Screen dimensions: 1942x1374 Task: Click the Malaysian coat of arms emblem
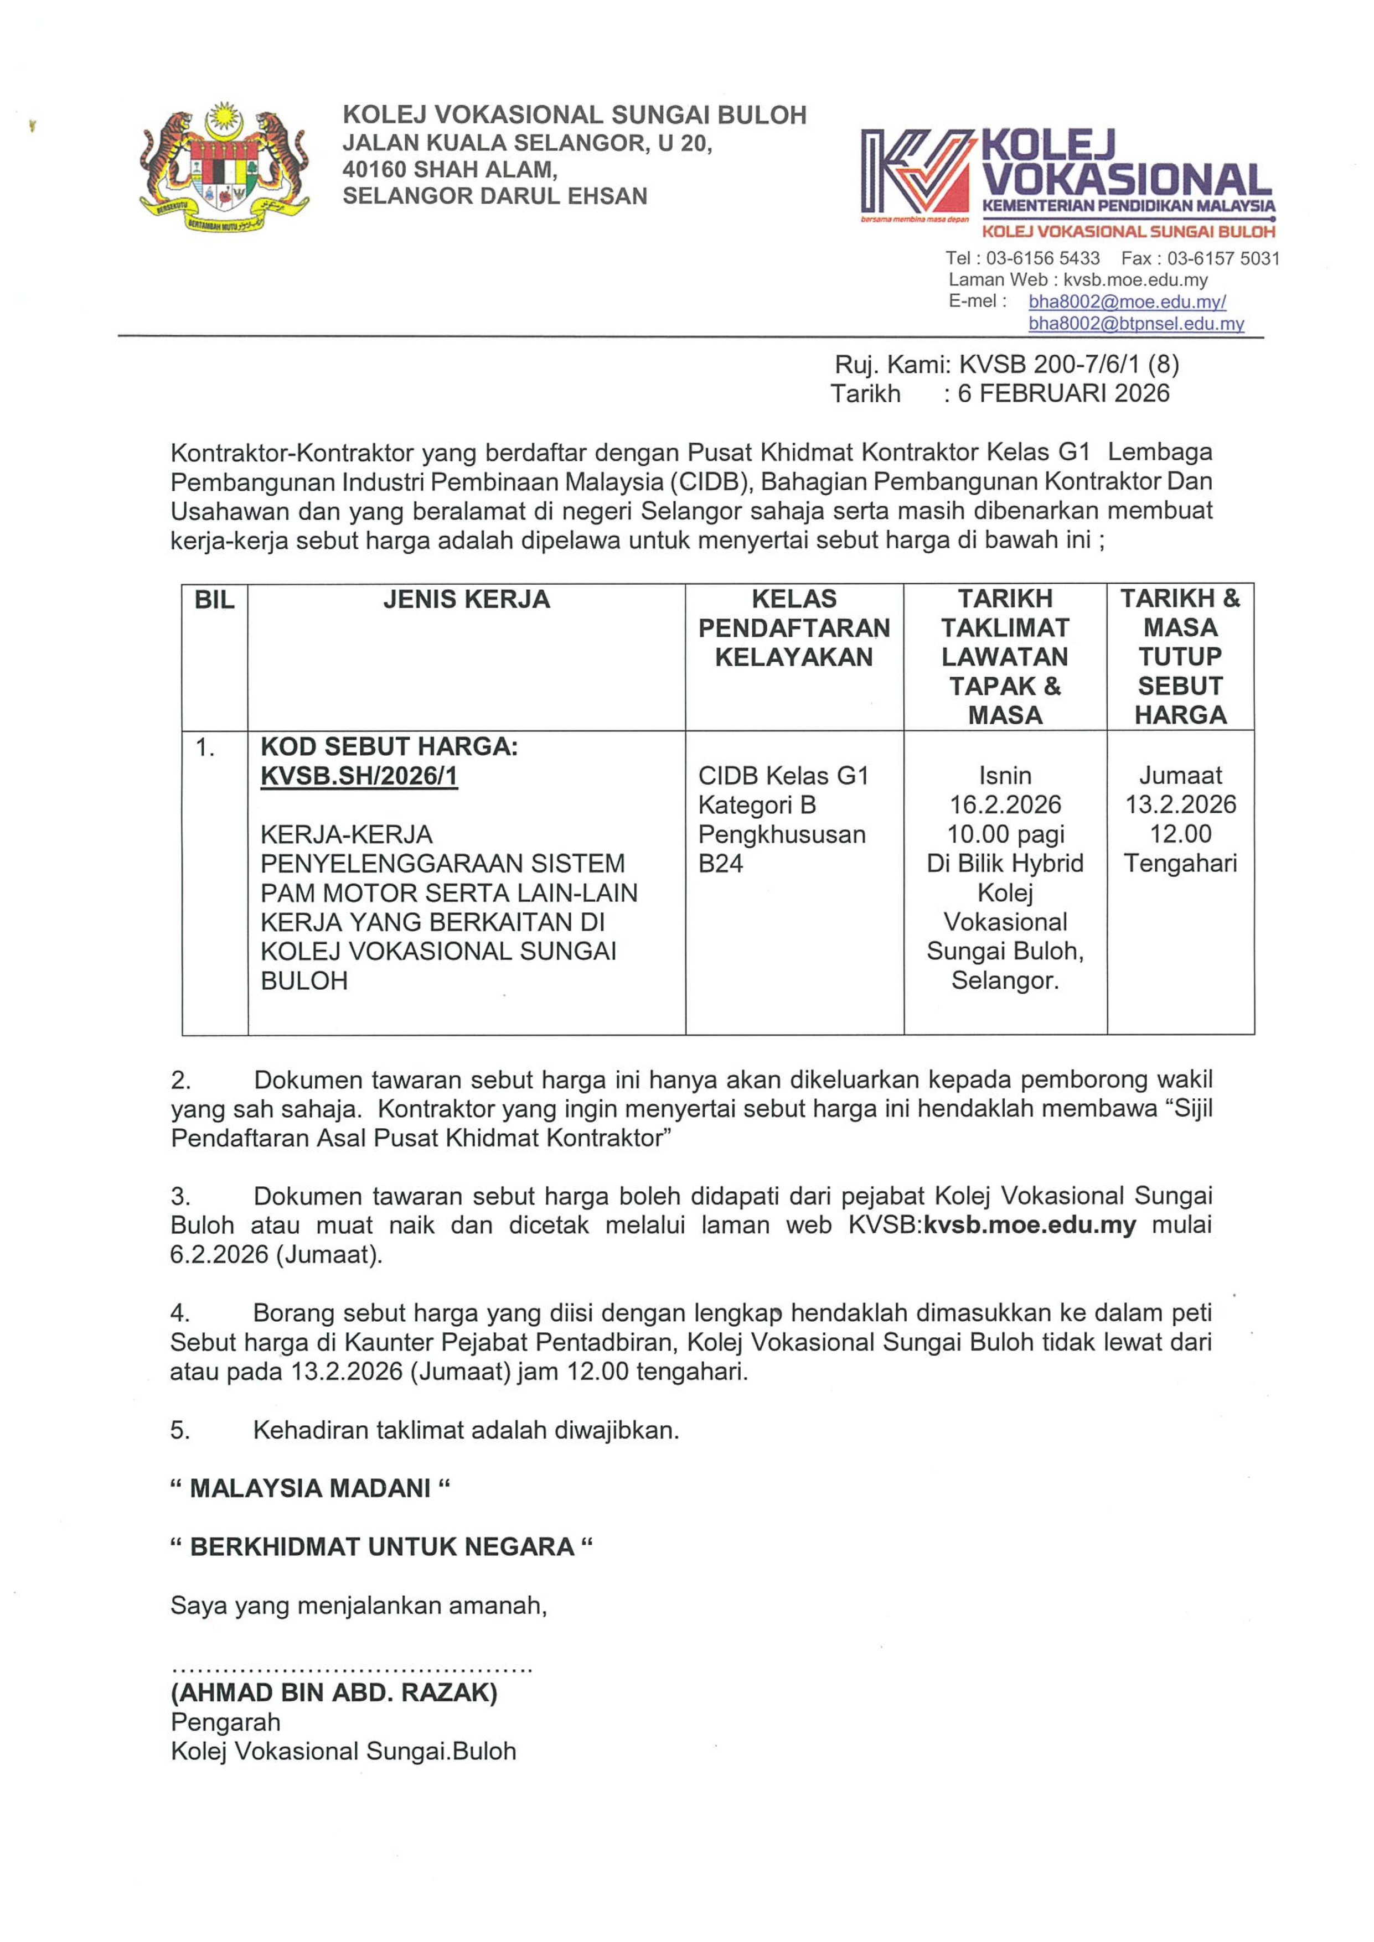pyautogui.click(x=224, y=169)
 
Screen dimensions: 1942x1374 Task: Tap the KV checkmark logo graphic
pyautogui.click(x=916, y=171)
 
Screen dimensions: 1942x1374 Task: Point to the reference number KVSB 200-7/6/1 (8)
pyautogui.click(x=1068, y=365)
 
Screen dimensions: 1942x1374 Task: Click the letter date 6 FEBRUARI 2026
pyautogui.click(x=1063, y=393)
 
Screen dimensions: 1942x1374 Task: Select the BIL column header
pyautogui.click(x=214, y=600)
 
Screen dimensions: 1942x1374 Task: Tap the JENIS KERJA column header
pyautogui.click(x=466, y=600)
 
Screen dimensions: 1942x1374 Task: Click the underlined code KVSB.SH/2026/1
pyautogui.click(x=359, y=776)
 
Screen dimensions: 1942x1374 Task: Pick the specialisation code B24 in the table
pyautogui.click(x=720, y=864)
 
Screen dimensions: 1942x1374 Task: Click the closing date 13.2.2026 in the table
pyautogui.click(x=1180, y=804)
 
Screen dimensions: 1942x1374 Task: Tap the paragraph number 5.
pyautogui.click(x=180, y=1431)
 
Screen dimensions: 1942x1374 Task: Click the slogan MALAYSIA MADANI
pyautogui.click(x=309, y=1489)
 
